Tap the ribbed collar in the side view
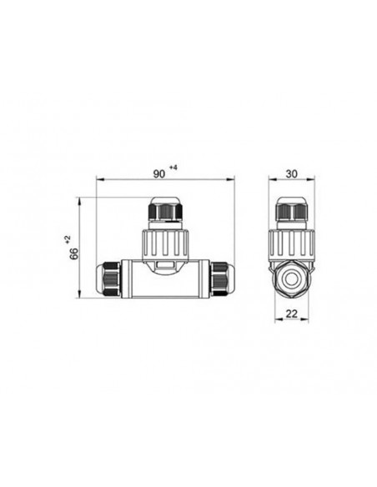pyautogui.click(x=292, y=243)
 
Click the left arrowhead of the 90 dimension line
pyautogui.click(x=99, y=179)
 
